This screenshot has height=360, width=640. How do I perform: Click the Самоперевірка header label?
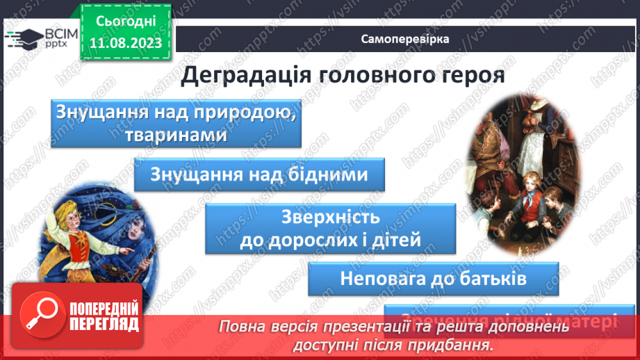405,39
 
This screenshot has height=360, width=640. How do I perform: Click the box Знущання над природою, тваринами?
176,123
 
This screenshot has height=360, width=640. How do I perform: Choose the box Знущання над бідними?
259,174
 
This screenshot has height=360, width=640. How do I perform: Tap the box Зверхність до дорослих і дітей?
330,229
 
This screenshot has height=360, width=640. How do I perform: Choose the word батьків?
490,278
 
